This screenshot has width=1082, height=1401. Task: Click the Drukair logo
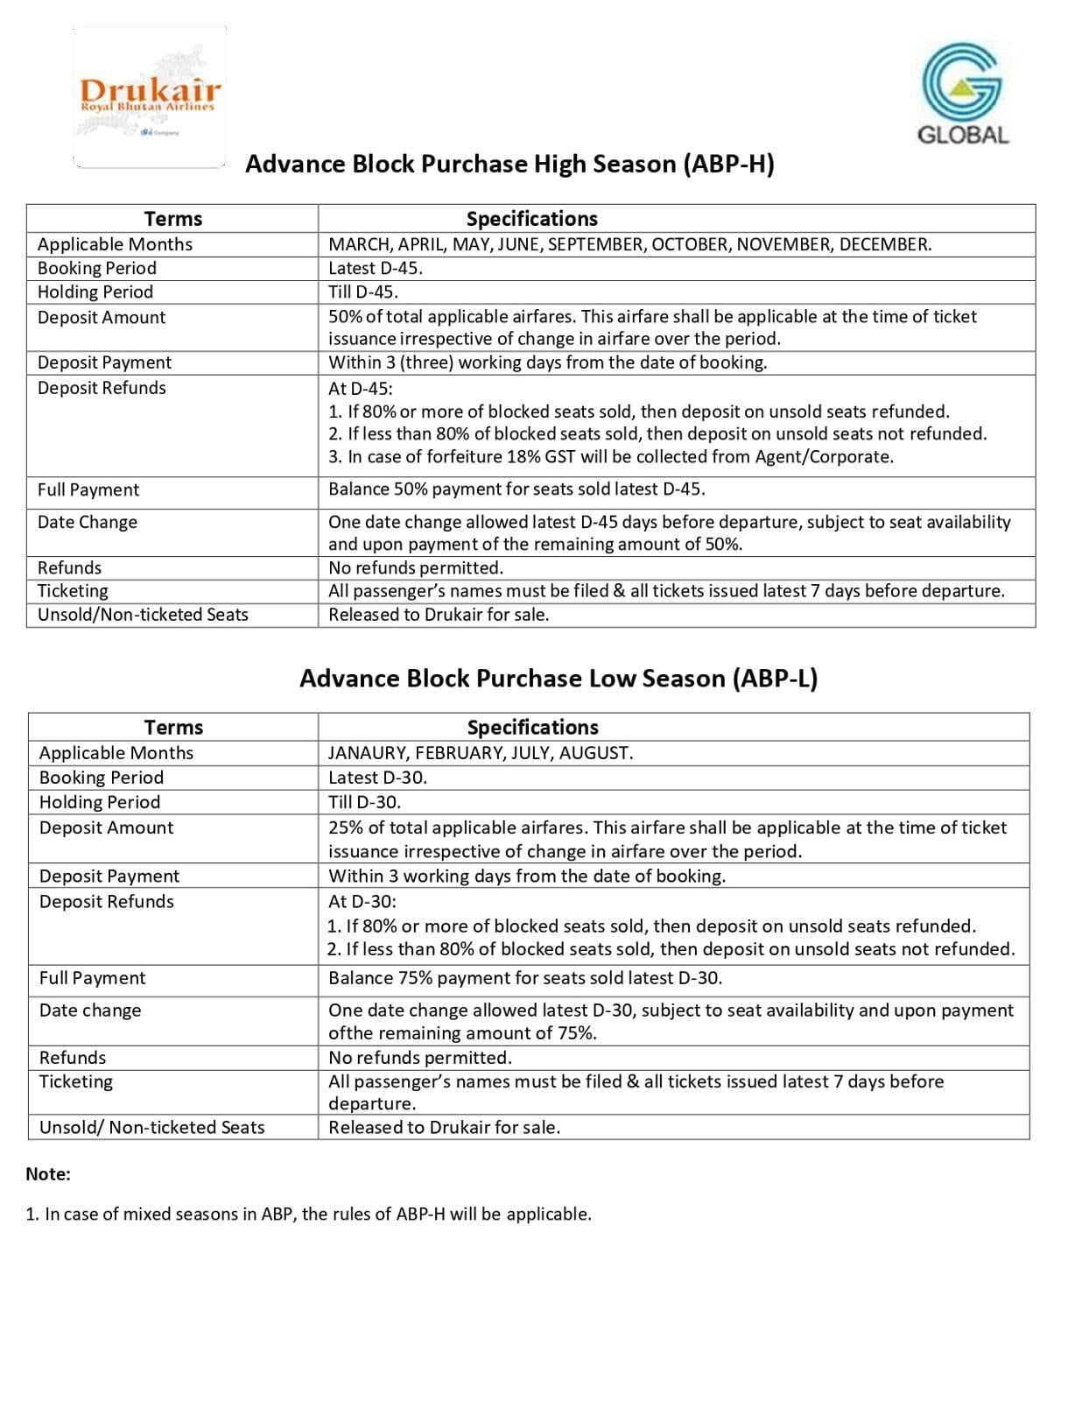click(150, 96)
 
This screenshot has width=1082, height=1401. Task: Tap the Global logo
click(961, 92)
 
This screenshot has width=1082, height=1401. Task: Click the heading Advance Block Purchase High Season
click(509, 165)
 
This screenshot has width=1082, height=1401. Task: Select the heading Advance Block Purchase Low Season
click(558, 679)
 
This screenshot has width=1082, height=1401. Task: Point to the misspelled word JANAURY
click(367, 753)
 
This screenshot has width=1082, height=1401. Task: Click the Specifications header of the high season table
click(531, 219)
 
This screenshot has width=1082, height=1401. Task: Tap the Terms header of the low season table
click(173, 728)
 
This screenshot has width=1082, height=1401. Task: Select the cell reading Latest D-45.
click(376, 269)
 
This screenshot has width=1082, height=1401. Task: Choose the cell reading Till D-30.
click(364, 802)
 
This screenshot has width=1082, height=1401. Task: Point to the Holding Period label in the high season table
click(95, 292)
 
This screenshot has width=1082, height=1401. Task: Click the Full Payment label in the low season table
click(93, 978)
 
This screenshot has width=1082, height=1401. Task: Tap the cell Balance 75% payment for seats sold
click(525, 978)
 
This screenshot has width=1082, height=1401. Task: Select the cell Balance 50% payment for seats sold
click(516, 489)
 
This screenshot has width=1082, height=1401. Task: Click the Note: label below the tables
click(48, 1174)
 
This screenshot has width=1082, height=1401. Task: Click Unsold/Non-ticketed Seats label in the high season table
click(143, 615)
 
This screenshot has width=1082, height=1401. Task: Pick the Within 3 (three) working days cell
click(547, 363)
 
